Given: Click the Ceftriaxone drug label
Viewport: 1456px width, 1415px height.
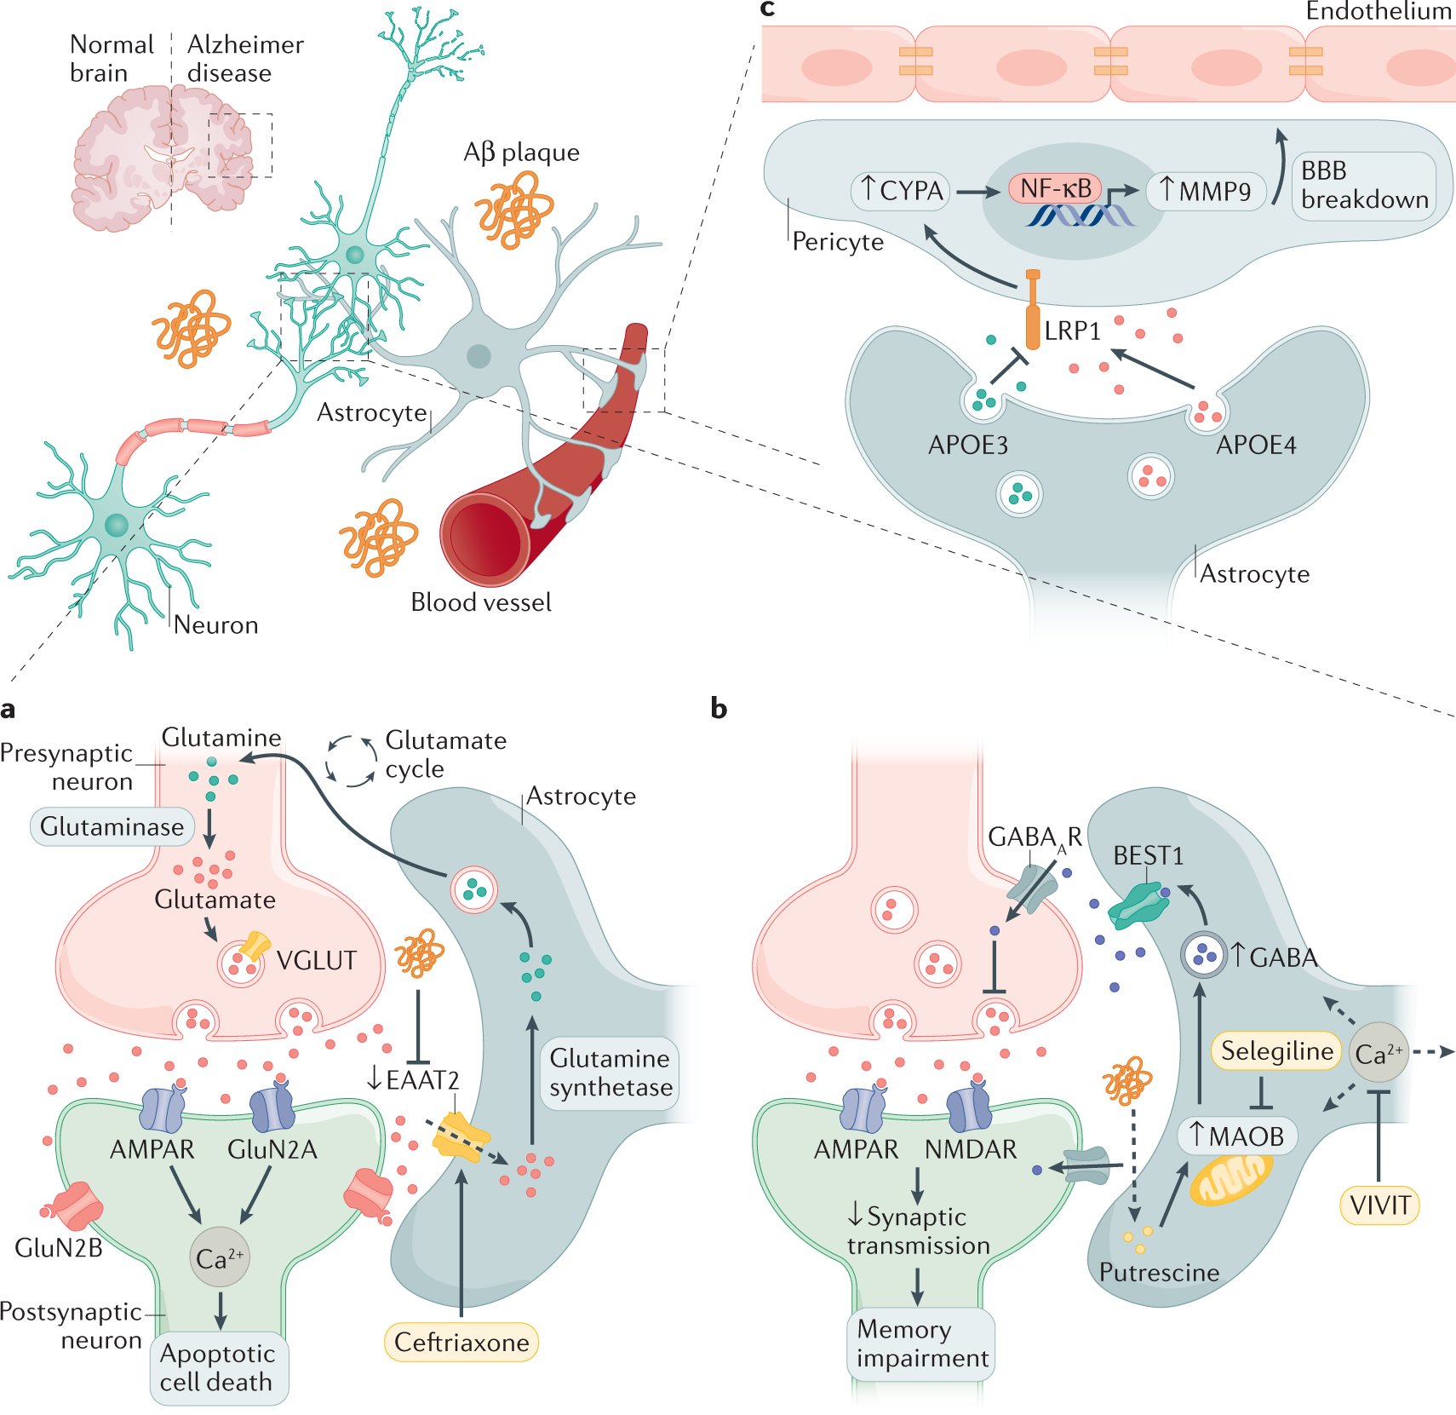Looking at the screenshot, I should [461, 1342].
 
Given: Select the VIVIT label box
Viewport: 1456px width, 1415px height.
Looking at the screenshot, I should [1379, 1205].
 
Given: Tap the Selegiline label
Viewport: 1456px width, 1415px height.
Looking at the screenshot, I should [1275, 1051].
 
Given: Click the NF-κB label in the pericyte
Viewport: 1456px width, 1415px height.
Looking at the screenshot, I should [1055, 188].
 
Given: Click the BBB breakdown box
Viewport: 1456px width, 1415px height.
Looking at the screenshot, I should [1363, 186].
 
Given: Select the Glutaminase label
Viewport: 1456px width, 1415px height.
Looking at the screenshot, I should [112, 826].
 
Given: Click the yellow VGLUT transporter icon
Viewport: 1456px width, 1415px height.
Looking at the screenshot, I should [255, 945].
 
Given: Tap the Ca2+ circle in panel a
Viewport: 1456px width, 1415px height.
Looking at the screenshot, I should [219, 1257].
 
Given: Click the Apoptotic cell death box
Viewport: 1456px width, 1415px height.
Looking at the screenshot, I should [218, 1367].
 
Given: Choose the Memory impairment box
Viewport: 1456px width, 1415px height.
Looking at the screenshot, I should [921, 1343].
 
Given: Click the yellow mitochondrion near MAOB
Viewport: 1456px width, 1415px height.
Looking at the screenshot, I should [1230, 1179].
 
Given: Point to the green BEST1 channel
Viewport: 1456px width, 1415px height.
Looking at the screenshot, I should [1138, 905].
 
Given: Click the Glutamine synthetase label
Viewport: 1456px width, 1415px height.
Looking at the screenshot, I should [610, 1073].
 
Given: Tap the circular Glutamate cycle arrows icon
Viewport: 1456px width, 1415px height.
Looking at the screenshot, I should [352, 760].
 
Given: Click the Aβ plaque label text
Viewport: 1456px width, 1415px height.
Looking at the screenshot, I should [521, 152].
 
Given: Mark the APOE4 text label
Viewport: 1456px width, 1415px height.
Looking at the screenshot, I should [1255, 445].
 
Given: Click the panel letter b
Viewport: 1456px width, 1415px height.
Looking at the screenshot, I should [719, 708].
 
